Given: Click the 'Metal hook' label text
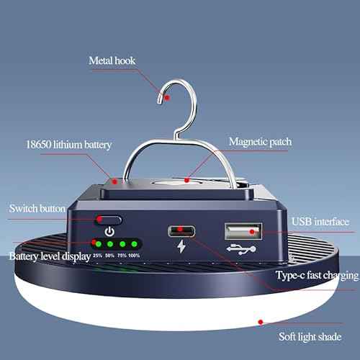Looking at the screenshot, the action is click(x=112, y=60).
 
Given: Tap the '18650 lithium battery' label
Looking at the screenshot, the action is click(x=69, y=145).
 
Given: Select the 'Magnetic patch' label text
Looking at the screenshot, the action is click(x=261, y=142).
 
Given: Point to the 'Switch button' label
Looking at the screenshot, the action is click(x=37, y=208).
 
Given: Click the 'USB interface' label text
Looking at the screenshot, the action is click(x=320, y=222).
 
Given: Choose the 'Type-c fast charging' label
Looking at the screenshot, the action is click(x=317, y=275).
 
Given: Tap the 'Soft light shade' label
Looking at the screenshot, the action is click(x=310, y=337).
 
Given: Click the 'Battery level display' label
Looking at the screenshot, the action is click(x=50, y=256).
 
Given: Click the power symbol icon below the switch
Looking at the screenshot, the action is click(x=109, y=231).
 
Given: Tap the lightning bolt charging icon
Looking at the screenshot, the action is click(x=181, y=246).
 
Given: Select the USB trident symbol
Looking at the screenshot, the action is click(x=241, y=249).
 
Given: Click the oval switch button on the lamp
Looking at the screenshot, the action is click(x=109, y=220).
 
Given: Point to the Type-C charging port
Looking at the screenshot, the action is click(x=181, y=231).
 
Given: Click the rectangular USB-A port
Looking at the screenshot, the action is click(x=243, y=231).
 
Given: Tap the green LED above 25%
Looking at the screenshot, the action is click(x=99, y=244).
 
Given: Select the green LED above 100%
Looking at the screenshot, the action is click(x=134, y=244).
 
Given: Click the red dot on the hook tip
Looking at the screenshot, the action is click(x=167, y=97).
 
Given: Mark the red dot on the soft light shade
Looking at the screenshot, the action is click(x=261, y=322).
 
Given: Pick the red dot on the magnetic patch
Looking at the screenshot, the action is click(x=186, y=180).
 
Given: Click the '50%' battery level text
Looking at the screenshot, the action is click(x=109, y=256).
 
